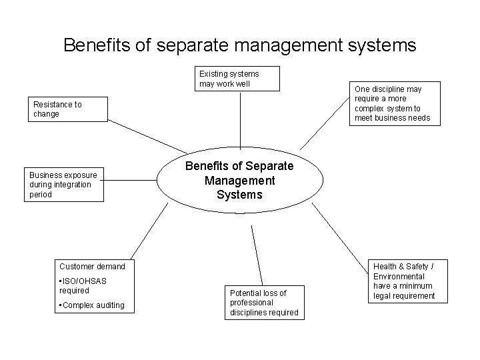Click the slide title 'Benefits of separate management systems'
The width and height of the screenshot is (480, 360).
(x=239, y=45)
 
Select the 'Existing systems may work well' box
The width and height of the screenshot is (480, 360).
(x=238, y=79)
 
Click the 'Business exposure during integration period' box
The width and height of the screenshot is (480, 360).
(x=64, y=185)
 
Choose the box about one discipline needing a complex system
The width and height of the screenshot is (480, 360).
(x=396, y=103)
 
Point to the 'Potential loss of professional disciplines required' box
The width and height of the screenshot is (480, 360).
(x=263, y=302)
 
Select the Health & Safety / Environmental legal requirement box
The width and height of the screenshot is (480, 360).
(x=404, y=281)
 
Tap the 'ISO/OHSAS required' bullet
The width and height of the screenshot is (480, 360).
(x=83, y=285)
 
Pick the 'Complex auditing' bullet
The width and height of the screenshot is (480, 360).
(x=92, y=305)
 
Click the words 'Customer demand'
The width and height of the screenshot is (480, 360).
(x=92, y=267)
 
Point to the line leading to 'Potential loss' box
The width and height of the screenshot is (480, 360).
(x=257, y=256)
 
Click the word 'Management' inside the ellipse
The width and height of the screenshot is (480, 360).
(x=239, y=180)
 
